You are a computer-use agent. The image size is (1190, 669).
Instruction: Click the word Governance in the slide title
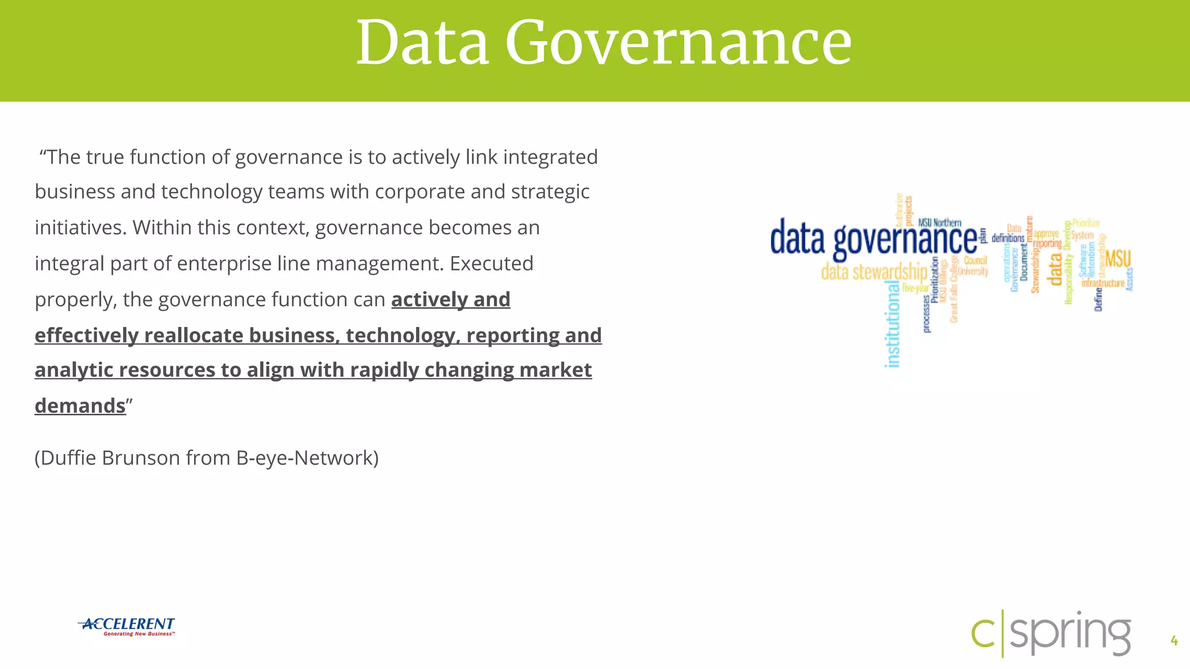point(678,43)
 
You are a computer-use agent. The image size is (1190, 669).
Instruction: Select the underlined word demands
point(80,406)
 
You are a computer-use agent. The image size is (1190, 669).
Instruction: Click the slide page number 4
point(1174,641)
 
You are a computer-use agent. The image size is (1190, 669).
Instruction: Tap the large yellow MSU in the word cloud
point(1118,258)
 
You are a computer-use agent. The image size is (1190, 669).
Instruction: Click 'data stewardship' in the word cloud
point(874,272)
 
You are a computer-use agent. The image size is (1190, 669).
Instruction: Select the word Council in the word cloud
point(976,260)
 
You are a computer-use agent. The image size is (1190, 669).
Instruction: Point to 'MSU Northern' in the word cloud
point(940,222)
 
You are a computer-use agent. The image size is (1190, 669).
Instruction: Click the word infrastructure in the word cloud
point(1103,283)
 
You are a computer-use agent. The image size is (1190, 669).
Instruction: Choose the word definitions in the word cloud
point(1008,238)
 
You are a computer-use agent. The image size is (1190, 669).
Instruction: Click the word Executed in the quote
point(492,264)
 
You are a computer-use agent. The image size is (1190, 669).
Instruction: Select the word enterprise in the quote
point(224,264)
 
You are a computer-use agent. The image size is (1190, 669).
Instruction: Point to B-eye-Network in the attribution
point(307,458)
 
